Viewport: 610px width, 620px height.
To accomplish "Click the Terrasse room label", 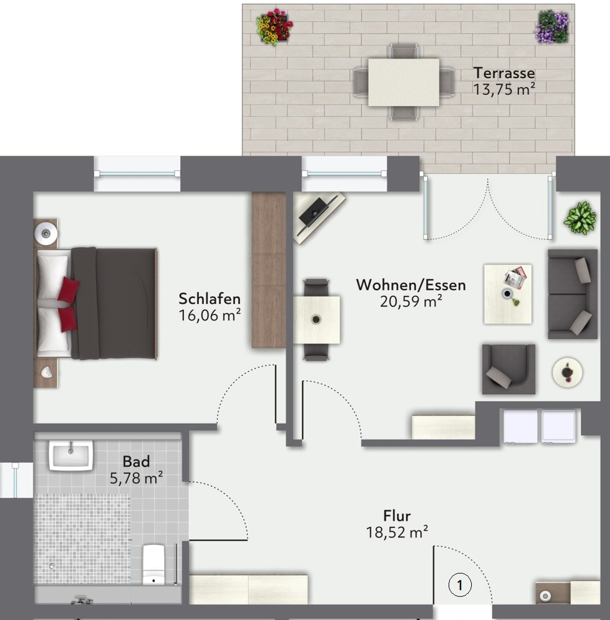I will (503, 72).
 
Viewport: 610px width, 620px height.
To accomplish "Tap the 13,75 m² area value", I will (503, 89).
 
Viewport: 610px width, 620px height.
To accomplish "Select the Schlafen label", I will (209, 298).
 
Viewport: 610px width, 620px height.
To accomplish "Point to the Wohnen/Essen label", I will (410, 285).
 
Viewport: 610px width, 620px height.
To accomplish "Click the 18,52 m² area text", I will (397, 531).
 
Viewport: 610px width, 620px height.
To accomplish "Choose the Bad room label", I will (136, 461).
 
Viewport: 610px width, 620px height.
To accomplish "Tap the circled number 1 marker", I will (459, 584).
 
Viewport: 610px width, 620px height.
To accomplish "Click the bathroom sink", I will (71, 455).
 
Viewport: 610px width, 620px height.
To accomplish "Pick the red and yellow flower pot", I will (274, 27).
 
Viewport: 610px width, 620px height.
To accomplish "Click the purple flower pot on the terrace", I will (552, 27).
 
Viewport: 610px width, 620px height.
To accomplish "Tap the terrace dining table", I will (403, 82).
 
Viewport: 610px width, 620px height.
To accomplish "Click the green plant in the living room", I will (580, 218).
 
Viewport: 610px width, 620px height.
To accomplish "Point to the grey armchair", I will (508, 370).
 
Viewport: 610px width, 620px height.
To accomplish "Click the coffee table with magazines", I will (508, 294).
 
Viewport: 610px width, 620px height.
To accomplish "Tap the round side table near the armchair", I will (567, 373).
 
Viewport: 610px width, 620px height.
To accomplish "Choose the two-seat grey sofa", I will (572, 294).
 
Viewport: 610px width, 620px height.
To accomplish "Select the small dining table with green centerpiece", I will (316, 319).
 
